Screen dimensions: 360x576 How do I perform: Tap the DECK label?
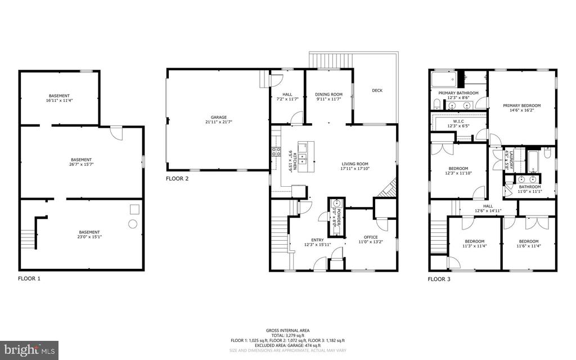pos(377,90)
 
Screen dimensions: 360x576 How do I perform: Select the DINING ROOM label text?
pos(328,94)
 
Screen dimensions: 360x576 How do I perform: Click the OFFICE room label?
pos(370,237)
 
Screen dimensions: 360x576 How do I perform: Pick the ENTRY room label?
pos(317,240)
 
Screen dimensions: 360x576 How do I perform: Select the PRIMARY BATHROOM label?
pos(458,93)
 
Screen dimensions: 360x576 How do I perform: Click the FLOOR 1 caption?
pos(29,278)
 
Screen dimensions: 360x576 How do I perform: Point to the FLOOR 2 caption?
pos(177,179)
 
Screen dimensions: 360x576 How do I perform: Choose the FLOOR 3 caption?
pos(439,278)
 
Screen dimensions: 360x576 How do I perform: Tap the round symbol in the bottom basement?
pos(133,223)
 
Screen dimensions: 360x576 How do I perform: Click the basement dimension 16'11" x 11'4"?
pos(60,101)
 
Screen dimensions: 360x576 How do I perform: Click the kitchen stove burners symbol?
pos(276,151)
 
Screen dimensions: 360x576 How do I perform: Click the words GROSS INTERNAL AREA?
pos(287,330)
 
